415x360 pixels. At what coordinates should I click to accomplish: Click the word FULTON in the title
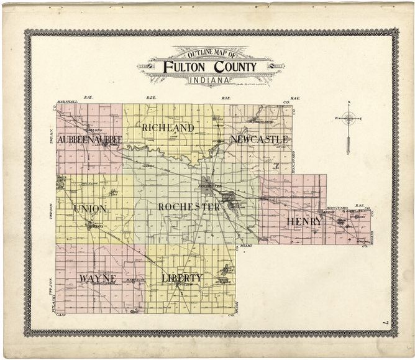pos(185,67)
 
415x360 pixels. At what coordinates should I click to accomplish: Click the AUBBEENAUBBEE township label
pos(89,140)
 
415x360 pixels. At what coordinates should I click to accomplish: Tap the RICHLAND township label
pos(168,127)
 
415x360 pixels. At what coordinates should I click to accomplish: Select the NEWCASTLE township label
pos(259,139)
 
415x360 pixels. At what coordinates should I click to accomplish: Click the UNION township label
pos(89,208)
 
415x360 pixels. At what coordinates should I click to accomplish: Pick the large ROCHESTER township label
pos(188,207)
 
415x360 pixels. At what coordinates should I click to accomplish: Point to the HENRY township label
pos(304,221)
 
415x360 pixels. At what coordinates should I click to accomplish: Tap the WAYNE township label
pos(98,277)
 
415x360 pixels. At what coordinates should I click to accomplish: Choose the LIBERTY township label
pos(182,277)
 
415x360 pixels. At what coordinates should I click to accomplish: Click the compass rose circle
pos(349,118)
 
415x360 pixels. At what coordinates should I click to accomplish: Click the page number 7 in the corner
pos(386,322)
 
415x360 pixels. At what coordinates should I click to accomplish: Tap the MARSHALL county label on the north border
pos(65,101)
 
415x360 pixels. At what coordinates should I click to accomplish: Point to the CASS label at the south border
pos(61,316)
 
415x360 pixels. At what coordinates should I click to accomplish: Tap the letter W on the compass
pos(337,118)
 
